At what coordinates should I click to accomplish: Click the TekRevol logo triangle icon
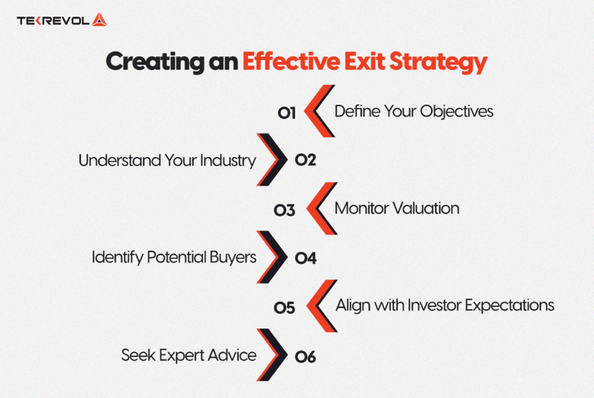click(99, 20)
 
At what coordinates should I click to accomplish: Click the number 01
click(287, 113)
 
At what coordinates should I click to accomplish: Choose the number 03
click(284, 210)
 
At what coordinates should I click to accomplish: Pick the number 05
click(284, 308)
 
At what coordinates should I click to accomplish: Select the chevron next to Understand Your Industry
click(272, 160)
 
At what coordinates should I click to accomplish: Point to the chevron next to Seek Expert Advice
click(272, 355)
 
